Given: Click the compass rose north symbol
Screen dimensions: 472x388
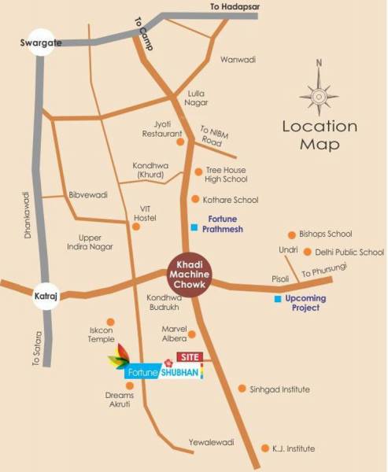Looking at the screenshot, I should tap(319, 95).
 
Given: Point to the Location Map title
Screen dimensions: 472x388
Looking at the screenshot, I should tap(319, 135).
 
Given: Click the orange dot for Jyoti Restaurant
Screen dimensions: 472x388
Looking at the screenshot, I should tap(180, 142).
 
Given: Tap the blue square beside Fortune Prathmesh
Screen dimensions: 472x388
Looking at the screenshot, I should tap(194, 228).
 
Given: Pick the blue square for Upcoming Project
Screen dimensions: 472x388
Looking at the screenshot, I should tap(277, 300).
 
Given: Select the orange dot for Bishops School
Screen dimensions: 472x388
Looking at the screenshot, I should tap(292, 234).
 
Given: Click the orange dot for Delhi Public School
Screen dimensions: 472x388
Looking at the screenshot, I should tap(307, 253).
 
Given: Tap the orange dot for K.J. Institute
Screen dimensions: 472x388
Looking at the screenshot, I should tap(264, 448).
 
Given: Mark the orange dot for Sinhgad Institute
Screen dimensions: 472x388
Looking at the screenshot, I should tap(242, 389).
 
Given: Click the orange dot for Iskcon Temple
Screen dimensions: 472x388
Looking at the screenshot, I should tap(109, 322).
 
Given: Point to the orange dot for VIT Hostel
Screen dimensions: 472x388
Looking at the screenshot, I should tap(136, 227).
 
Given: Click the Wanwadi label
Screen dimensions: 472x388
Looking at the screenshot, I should tap(238, 59).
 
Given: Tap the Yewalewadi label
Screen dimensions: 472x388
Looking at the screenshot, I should tap(211, 443).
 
